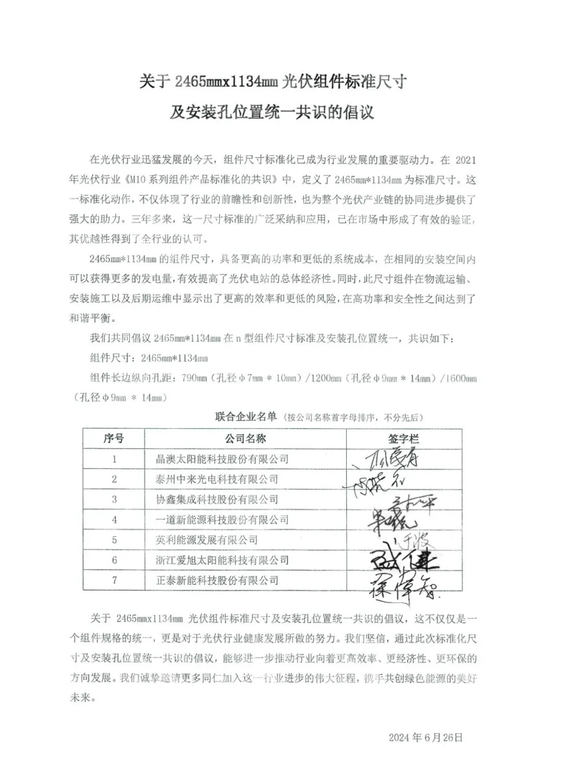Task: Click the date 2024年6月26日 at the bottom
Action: pos(425,737)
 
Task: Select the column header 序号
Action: pos(114,439)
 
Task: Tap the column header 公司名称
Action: pos(245,439)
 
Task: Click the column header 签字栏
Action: pos(403,439)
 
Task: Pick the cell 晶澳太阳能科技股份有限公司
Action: pos(222,459)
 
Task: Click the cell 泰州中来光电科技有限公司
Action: pos(217,479)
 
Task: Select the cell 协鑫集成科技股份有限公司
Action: pos(217,500)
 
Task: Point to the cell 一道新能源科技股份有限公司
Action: pos(222,520)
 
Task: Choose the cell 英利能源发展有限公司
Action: pos(207,540)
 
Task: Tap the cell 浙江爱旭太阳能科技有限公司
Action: pos(222,560)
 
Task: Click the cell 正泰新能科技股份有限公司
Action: pos(217,580)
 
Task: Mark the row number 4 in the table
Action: pos(114,520)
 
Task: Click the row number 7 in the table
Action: pos(114,580)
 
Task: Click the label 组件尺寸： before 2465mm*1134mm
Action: pos(113,358)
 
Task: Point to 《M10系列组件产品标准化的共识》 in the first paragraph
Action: pos(202,180)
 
